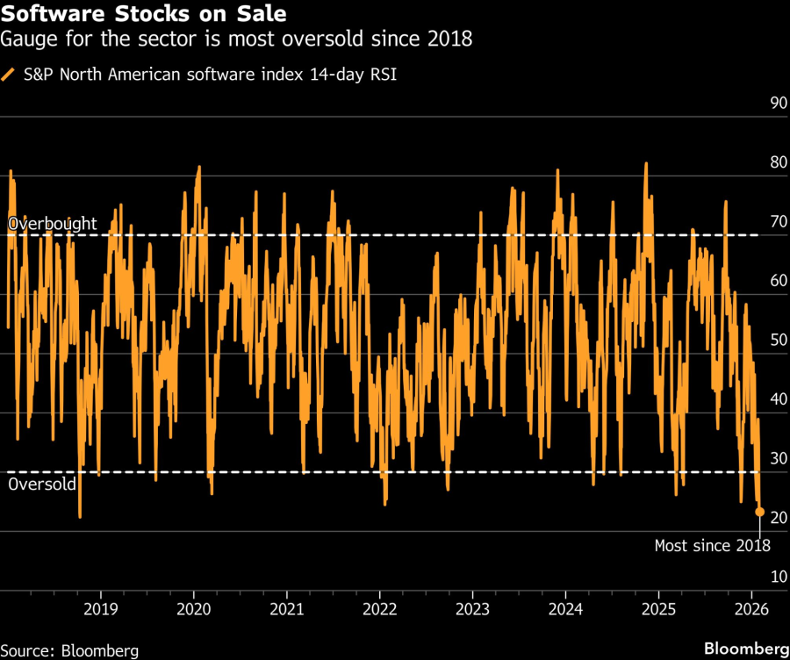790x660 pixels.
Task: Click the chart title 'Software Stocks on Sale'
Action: [144, 16]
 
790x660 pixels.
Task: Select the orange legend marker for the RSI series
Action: [9, 75]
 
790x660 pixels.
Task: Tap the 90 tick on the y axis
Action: [778, 104]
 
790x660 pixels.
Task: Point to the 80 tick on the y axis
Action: [778, 163]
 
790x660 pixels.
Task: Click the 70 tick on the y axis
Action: [778, 222]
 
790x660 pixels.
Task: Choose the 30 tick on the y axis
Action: [778, 459]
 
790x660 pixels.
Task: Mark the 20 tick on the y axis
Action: [778, 519]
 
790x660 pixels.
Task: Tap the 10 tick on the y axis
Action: [778, 577]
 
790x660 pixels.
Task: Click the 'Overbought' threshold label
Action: [53, 225]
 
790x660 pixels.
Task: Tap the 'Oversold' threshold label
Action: [42, 484]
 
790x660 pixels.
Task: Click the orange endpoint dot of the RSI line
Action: [760, 512]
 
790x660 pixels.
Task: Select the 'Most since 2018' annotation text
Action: [713, 546]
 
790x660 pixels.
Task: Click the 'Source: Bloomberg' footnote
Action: [70, 650]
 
